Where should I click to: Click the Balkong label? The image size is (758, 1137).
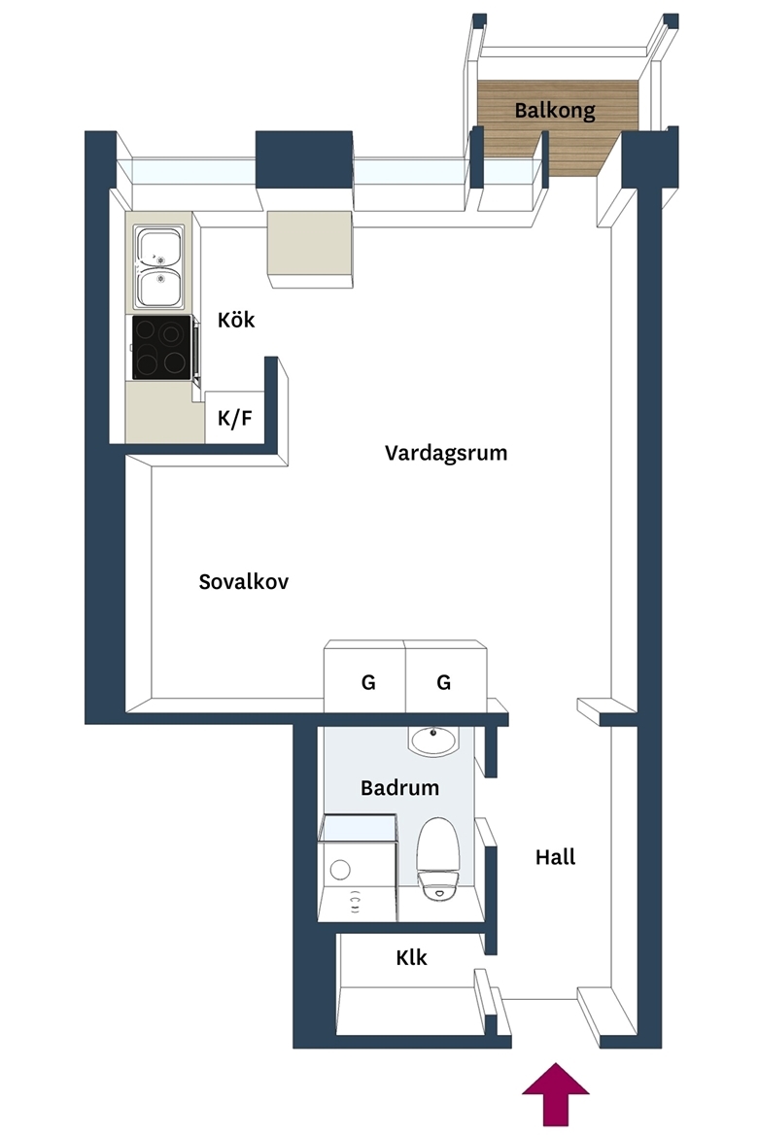555,111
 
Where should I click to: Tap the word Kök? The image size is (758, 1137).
236,320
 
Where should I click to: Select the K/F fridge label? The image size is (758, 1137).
235,419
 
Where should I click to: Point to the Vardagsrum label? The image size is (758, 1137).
446,453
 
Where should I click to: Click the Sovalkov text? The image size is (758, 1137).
244,581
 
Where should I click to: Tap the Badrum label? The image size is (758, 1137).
399,787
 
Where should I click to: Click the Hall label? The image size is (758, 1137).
556,857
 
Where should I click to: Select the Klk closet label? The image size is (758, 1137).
411,957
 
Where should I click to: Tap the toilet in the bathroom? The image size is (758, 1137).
438,858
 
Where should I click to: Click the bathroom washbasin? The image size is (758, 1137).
433,741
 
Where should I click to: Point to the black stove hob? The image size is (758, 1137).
161,347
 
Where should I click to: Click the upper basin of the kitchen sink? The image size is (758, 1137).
159,247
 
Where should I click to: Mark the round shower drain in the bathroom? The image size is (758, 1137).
340,869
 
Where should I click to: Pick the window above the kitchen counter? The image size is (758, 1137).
193,172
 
